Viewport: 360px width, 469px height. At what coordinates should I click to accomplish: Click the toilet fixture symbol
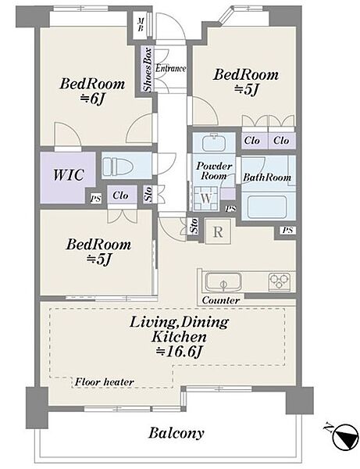pos(119,166)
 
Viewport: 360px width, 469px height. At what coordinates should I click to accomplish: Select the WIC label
pos(69,174)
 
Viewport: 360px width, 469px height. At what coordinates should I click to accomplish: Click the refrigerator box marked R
pos(218,232)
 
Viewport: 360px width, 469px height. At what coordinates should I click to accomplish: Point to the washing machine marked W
pos(205,199)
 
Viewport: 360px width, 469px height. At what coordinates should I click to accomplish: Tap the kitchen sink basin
pos(223,281)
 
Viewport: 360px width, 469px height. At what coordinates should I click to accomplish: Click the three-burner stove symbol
pos(279,281)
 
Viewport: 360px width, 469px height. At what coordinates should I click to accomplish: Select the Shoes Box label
pos(148,69)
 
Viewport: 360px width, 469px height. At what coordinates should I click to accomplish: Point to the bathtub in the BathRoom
pos(267,207)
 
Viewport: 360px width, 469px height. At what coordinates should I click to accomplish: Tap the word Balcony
pos(176,433)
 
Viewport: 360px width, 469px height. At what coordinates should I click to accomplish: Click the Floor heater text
pos(105,382)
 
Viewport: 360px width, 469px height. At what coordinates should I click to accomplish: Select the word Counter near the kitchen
pos(221,300)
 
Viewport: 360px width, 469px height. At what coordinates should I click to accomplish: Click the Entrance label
pos(170,68)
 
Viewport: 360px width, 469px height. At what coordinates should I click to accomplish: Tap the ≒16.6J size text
pos(180,352)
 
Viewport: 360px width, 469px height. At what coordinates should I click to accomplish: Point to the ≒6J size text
pos(91,99)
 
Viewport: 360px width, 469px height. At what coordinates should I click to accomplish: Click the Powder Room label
pos(214,170)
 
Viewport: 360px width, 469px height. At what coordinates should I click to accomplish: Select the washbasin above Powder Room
pos(213,142)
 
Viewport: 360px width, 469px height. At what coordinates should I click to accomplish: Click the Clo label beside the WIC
pos(120,195)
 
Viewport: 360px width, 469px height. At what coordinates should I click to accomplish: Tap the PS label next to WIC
pos(95,199)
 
